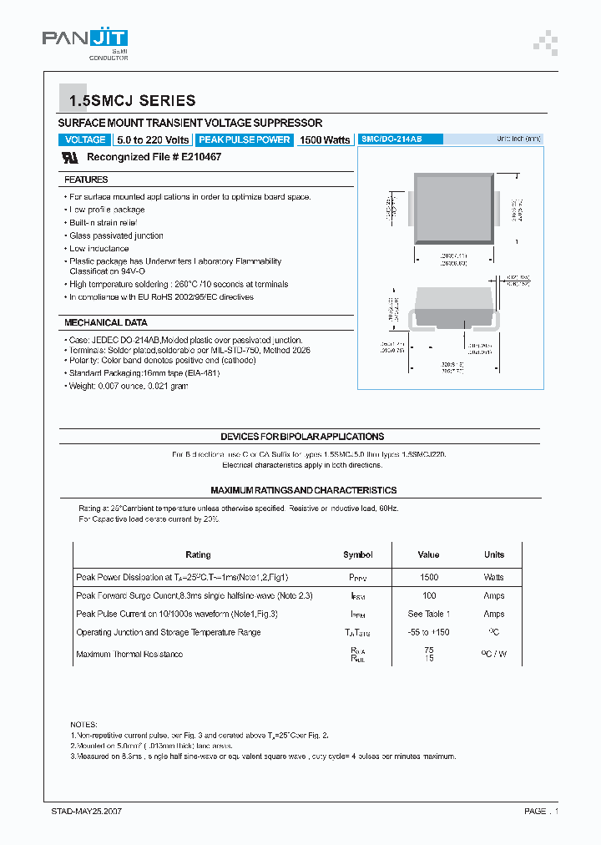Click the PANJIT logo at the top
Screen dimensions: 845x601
(84, 39)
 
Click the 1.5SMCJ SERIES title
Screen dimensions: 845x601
(132, 101)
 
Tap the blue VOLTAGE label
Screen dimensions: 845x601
(85, 140)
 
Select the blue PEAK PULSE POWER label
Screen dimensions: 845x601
(245, 140)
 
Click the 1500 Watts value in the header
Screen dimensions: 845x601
(325, 140)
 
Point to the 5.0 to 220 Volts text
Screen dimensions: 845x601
(153, 140)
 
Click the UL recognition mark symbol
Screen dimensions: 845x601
(71, 157)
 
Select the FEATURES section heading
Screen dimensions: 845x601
(86, 180)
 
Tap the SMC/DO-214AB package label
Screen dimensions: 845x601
(391, 139)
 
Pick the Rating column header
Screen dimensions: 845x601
(198, 554)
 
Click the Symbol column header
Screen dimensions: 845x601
(357, 554)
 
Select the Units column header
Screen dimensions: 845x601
(494, 554)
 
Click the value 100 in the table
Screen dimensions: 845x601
(429, 595)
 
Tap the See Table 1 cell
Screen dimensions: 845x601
(429, 614)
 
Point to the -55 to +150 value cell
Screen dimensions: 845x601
(429, 632)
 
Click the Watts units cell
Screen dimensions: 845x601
(494, 577)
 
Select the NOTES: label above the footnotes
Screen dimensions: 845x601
(83, 725)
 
